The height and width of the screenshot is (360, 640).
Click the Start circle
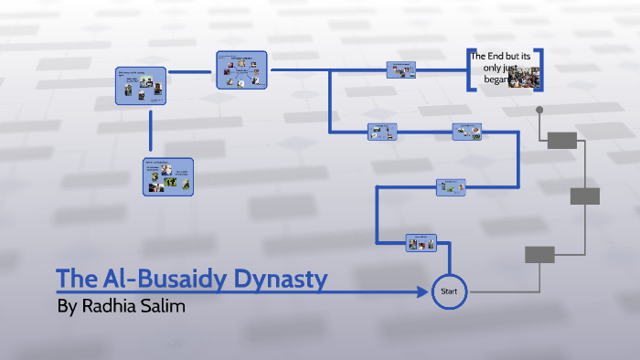point(449,291)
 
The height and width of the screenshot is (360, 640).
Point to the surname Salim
point(162,307)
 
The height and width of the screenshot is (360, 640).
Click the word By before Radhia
point(66,307)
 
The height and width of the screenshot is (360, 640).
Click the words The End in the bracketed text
point(487,58)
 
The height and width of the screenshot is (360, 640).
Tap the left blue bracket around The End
point(469,69)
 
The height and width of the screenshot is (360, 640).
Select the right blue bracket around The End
point(540,69)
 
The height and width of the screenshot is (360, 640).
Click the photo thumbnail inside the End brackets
point(524,79)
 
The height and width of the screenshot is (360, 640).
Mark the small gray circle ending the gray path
point(539,110)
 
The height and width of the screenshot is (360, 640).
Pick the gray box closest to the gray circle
point(562,140)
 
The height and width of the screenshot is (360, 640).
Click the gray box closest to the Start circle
point(539,255)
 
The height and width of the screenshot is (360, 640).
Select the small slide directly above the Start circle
point(421,242)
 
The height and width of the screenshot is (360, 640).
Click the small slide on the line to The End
point(401,69)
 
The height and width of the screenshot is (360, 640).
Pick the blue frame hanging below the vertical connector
point(167,176)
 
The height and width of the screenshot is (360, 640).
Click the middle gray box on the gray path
point(584,196)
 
